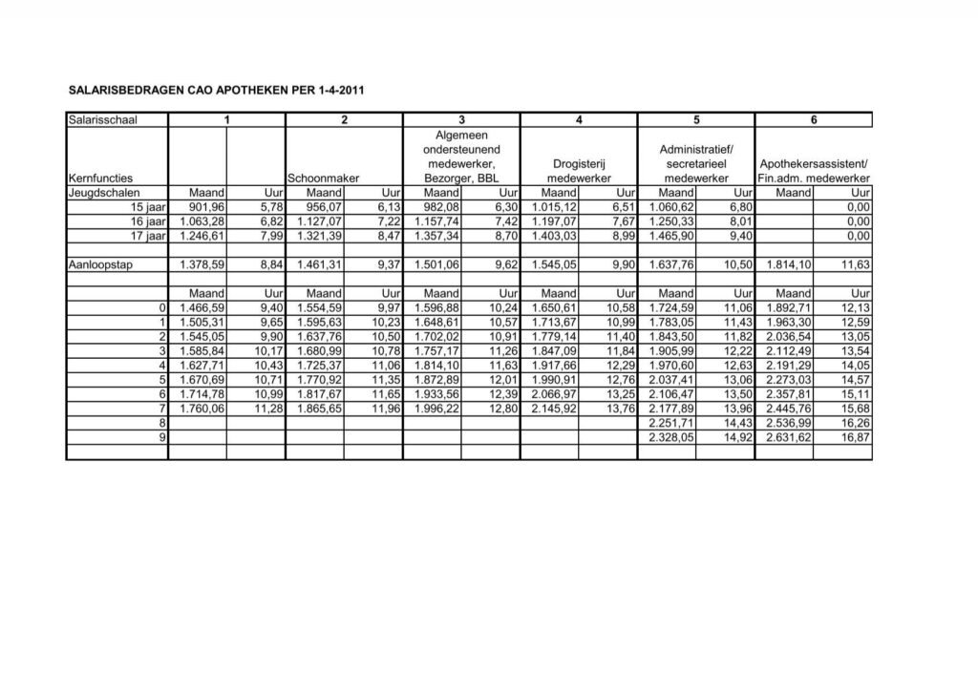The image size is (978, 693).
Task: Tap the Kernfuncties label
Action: (100, 178)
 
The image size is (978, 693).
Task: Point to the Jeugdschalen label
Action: (104, 193)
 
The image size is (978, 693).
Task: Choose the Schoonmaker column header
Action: (324, 178)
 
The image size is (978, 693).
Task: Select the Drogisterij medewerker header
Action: (580, 171)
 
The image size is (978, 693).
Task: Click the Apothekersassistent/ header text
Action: (814, 163)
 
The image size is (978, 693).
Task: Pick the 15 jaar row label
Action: (149, 206)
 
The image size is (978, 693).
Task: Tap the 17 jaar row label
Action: (149, 235)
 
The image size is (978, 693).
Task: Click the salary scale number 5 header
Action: (697, 119)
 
